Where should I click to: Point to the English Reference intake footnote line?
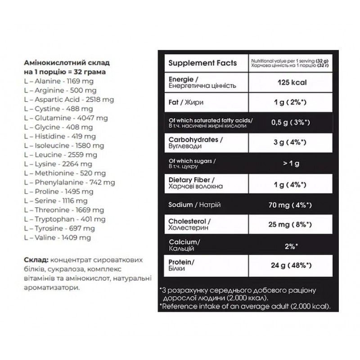click(245, 306)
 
